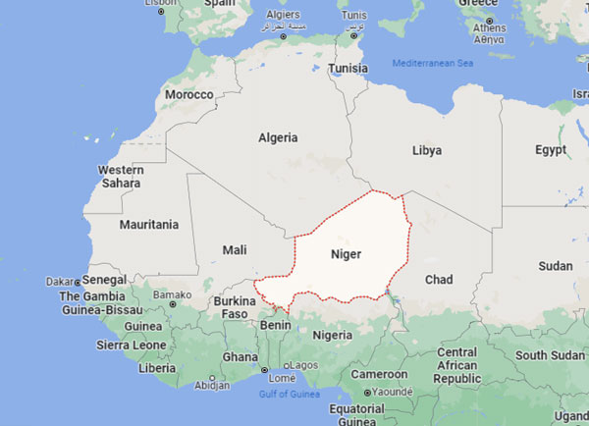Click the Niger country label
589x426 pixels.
point(346,254)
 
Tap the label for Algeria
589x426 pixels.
point(278,137)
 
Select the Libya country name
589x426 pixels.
point(426,150)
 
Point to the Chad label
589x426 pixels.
point(438,280)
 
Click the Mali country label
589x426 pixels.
point(234,250)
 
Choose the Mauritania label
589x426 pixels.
point(149,225)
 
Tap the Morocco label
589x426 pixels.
point(188,94)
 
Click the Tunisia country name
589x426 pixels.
point(348,69)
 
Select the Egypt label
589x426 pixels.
point(551,150)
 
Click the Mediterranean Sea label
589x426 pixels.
point(433,64)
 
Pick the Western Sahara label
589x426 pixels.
point(121,177)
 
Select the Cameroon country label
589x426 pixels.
point(380,374)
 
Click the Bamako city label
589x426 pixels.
point(173,294)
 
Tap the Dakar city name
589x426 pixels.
point(61,282)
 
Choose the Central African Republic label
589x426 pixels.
point(456,365)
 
